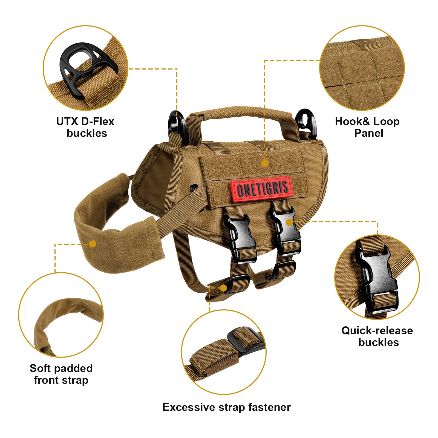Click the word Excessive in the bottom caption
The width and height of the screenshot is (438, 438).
point(189,407)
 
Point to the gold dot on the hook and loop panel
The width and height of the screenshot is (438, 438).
point(265,163)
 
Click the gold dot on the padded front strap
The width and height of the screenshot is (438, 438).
point(93,244)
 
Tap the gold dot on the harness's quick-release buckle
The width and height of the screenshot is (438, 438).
point(289,222)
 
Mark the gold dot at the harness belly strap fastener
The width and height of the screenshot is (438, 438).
point(223,288)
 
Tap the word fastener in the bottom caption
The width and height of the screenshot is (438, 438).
point(269,407)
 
